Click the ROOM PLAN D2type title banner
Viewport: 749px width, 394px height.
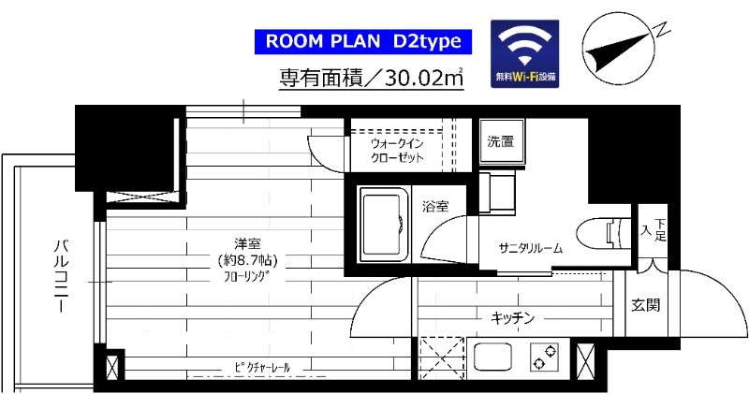(360, 41)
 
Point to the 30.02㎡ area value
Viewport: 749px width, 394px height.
(420, 78)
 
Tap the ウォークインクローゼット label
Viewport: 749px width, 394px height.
(397, 151)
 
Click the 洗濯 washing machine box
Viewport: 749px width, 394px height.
(500, 143)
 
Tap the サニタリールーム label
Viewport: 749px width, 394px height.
(530, 249)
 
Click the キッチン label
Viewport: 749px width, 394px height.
(512, 318)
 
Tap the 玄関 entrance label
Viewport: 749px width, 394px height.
(645, 304)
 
